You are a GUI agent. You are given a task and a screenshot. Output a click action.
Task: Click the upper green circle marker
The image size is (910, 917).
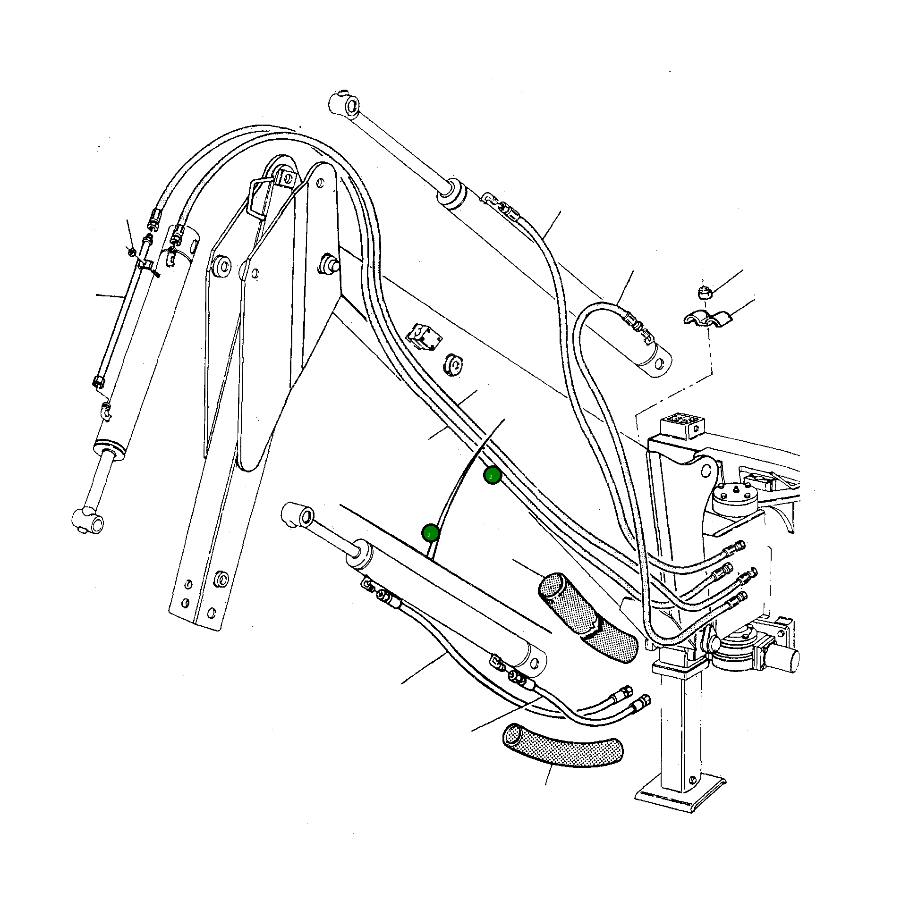point(492,475)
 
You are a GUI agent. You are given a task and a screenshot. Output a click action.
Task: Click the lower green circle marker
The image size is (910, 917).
point(430,533)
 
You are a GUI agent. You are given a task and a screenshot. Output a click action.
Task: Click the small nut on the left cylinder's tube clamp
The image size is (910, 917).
point(132,250)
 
